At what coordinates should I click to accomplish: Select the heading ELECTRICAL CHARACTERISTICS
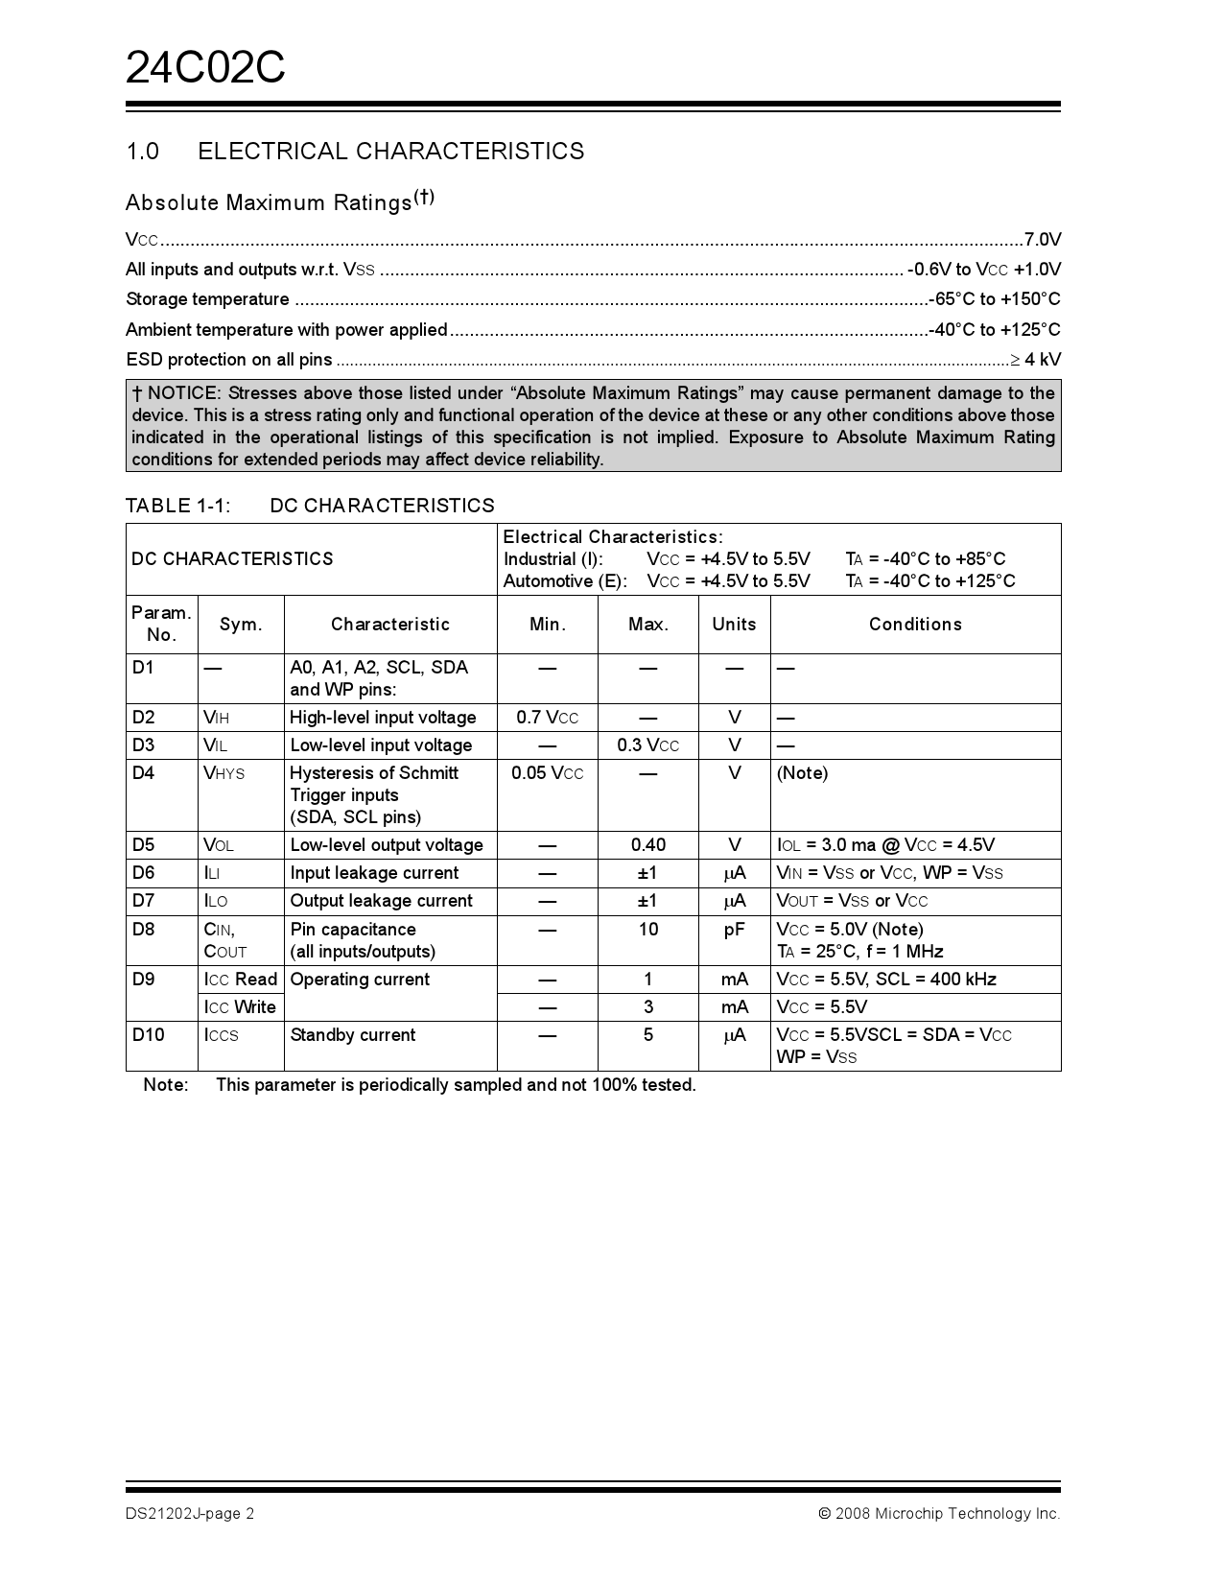(x=390, y=152)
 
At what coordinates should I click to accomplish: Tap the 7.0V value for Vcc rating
(x=1042, y=240)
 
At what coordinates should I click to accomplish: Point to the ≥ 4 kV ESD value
(x=1035, y=360)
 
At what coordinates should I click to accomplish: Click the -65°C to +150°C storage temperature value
(x=996, y=299)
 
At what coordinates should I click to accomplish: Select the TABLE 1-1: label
(x=177, y=506)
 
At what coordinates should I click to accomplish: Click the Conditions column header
(x=915, y=625)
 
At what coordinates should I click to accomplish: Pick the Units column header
(x=734, y=625)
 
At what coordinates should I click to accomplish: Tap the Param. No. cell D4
(x=143, y=773)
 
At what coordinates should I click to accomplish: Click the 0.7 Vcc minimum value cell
(x=547, y=718)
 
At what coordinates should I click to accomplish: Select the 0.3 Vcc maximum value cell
(x=647, y=745)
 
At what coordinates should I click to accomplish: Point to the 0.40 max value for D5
(x=647, y=845)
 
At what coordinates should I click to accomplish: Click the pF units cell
(x=734, y=930)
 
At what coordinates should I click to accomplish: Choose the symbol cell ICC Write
(x=240, y=1007)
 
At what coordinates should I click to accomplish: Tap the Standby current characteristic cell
(x=353, y=1035)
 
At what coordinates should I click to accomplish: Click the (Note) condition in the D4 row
(x=802, y=773)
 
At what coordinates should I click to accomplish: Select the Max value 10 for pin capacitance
(x=647, y=930)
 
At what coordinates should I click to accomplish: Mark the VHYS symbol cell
(x=224, y=773)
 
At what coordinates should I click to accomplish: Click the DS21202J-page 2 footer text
(x=190, y=1514)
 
